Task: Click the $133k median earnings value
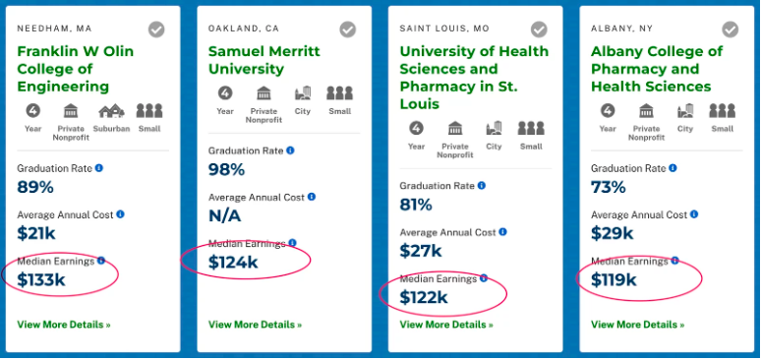point(41,279)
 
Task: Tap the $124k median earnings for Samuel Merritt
point(233,262)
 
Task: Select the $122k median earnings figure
point(424,297)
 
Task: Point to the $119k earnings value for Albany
point(614,279)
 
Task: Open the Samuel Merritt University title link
point(263,60)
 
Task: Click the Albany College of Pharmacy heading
point(656,69)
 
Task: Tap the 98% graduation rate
point(226,169)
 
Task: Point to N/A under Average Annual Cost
point(224,215)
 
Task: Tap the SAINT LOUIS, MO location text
point(444,29)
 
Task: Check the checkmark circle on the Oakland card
point(348,30)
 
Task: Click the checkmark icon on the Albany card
point(731,30)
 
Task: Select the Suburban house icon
point(111,111)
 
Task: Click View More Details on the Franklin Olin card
point(64,324)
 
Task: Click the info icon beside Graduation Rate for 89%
point(99,168)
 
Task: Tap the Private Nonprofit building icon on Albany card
point(646,111)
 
